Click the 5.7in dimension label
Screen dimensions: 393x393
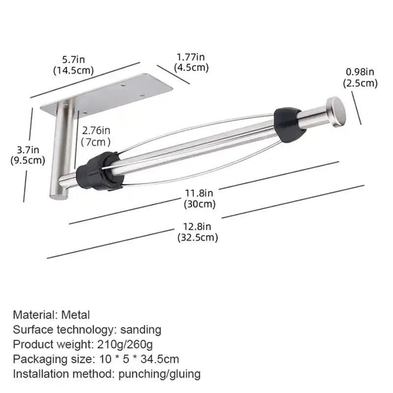(74, 64)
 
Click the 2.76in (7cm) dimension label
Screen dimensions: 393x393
(96, 136)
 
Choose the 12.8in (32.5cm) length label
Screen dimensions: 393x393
(197, 232)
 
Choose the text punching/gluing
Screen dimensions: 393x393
(160, 374)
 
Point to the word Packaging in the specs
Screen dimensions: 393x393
(38, 359)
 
